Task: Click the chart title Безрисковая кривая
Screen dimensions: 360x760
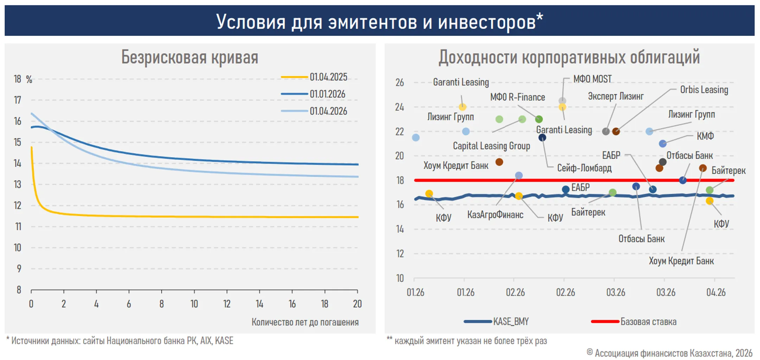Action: (x=190, y=57)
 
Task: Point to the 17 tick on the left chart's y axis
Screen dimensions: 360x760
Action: (x=18, y=100)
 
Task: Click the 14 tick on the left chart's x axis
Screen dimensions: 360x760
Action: (x=259, y=304)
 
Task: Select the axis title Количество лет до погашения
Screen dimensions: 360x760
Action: (x=305, y=322)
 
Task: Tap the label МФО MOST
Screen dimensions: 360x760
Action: (x=592, y=79)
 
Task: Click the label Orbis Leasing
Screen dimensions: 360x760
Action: (x=704, y=90)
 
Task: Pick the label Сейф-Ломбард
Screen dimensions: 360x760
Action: (x=584, y=168)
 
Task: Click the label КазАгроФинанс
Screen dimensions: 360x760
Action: (x=495, y=215)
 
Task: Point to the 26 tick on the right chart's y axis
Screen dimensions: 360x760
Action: (x=399, y=83)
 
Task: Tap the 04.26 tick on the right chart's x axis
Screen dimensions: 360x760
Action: (x=716, y=292)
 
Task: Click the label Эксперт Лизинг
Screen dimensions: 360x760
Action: (x=615, y=96)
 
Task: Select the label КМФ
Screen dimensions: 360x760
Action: (x=705, y=136)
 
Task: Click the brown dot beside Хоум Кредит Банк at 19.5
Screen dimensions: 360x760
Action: (x=499, y=162)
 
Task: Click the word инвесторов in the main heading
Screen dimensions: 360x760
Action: (x=487, y=22)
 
